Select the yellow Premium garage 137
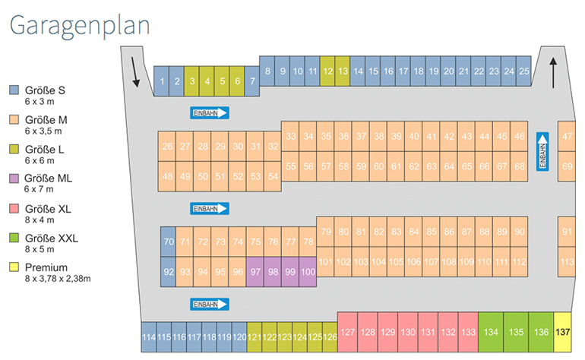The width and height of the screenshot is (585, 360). click(x=562, y=332)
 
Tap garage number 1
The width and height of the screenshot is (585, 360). click(x=162, y=80)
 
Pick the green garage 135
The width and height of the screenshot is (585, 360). click(x=516, y=332)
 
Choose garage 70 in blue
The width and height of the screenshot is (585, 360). click(x=168, y=242)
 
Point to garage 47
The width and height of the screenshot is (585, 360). click(x=567, y=137)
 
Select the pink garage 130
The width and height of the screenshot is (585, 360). click(x=407, y=332)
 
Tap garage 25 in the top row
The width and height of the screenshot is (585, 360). click(x=523, y=71)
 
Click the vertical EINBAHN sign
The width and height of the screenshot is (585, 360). click(x=542, y=152)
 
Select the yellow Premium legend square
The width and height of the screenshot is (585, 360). click(x=14, y=267)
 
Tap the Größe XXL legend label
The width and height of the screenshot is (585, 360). click(x=51, y=238)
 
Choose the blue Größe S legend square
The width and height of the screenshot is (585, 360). click(x=14, y=90)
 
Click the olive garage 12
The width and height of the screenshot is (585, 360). click(x=327, y=71)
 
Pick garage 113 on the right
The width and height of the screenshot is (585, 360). click(x=567, y=262)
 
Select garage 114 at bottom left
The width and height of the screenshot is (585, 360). click(x=149, y=336)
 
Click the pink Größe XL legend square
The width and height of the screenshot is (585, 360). click(x=14, y=208)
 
